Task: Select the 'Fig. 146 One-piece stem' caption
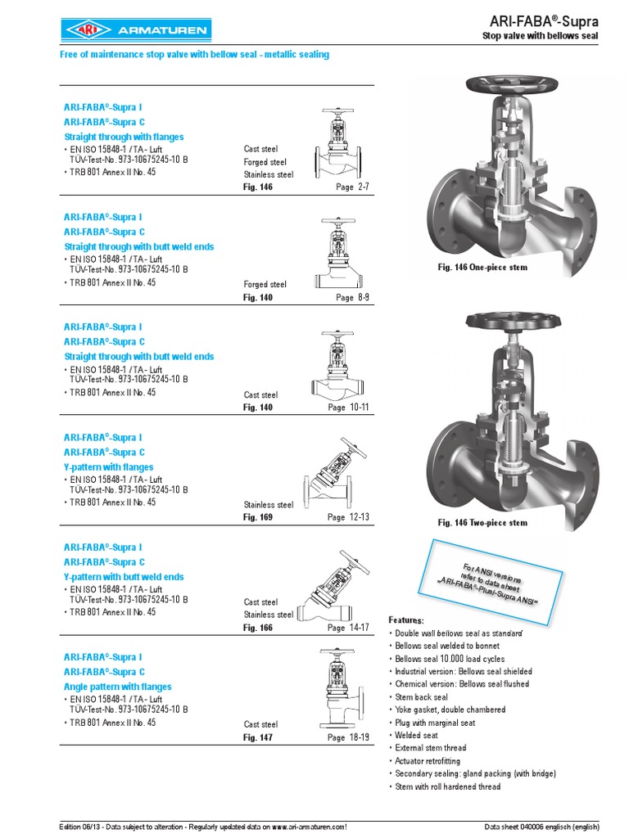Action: click(482, 268)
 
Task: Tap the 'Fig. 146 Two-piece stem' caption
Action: click(482, 523)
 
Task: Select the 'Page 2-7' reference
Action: click(352, 187)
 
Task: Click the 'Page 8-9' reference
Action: click(352, 298)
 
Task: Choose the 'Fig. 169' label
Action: click(258, 517)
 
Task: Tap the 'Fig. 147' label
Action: click(258, 737)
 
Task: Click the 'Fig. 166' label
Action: click(258, 628)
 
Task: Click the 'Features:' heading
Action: click(406, 620)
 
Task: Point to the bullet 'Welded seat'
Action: click(416, 736)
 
